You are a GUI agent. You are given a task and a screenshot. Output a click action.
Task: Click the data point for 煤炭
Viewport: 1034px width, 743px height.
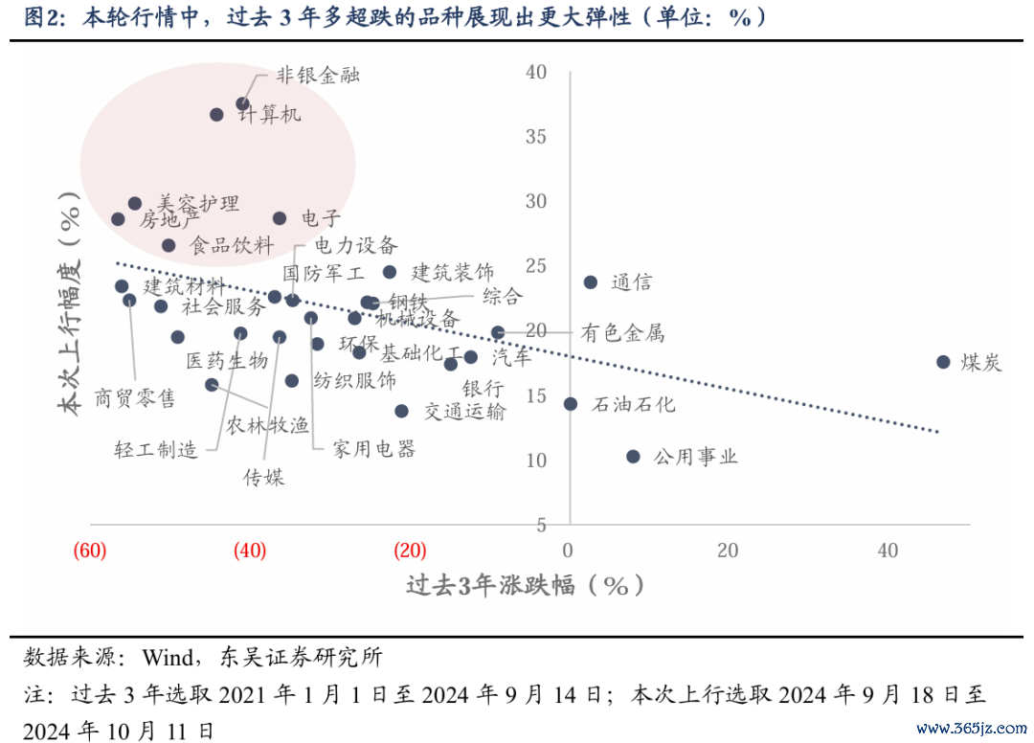[943, 362]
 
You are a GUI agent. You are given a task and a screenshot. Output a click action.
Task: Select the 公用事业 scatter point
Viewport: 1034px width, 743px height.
[633, 457]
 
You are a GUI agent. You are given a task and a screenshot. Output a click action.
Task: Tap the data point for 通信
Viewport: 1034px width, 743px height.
[591, 282]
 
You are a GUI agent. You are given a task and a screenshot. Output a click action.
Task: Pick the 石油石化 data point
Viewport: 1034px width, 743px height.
[571, 404]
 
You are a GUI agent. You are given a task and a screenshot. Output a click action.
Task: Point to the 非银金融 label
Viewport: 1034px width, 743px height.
[318, 75]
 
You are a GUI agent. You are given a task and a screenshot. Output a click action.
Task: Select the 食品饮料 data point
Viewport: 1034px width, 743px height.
[169, 246]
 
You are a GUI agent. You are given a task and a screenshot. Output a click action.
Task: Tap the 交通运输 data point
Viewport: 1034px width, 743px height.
[402, 411]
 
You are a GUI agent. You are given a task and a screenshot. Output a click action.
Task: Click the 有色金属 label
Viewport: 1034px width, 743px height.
[621, 334]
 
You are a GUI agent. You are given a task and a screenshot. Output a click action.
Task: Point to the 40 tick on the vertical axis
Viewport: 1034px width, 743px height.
[536, 72]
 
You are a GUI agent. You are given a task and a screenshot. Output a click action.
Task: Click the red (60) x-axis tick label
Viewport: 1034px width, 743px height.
[89, 551]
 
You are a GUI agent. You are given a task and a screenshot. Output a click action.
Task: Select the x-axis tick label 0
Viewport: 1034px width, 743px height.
[569, 551]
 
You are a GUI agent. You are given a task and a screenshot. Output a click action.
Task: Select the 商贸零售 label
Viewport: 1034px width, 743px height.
[135, 397]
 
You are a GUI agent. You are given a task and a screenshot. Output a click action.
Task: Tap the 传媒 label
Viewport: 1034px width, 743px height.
[263, 477]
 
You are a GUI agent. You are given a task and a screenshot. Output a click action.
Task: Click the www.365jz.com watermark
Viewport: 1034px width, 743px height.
[970, 729]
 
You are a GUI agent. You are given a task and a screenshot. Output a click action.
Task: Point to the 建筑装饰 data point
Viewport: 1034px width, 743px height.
[390, 273]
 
